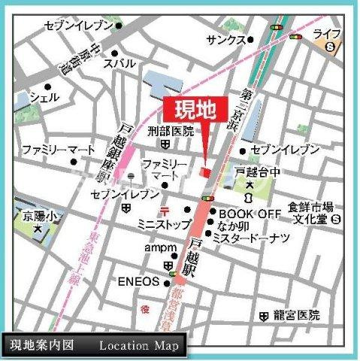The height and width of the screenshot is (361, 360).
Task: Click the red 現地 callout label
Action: [191, 110]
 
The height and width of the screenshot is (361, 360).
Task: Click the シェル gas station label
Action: [44, 98]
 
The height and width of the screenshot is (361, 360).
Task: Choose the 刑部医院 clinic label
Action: [170, 131]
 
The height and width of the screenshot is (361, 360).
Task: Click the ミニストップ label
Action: [165, 223]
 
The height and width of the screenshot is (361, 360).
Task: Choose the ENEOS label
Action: [138, 282]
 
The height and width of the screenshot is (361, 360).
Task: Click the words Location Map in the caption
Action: [138, 346]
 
